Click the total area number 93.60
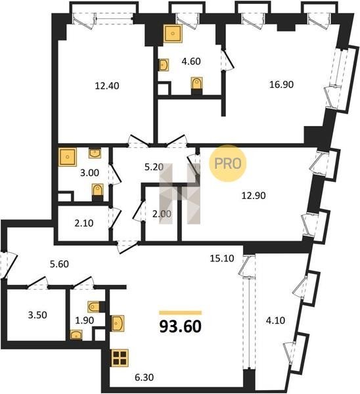[181, 326]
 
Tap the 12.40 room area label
[107, 86]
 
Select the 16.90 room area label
[281, 85]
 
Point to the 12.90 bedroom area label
[254, 195]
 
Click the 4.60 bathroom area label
[191, 61]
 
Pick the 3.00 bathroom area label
[89, 173]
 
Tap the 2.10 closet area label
[84, 223]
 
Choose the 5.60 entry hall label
[59, 264]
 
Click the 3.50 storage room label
[37, 315]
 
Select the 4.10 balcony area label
[275, 320]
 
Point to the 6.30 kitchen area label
[144, 377]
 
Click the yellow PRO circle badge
[228, 164]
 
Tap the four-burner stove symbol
[120, 358]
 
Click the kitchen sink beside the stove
[118, 323]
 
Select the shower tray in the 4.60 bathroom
[173, 33]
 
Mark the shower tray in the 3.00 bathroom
[68, 157]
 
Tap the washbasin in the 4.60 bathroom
[164, 65]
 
